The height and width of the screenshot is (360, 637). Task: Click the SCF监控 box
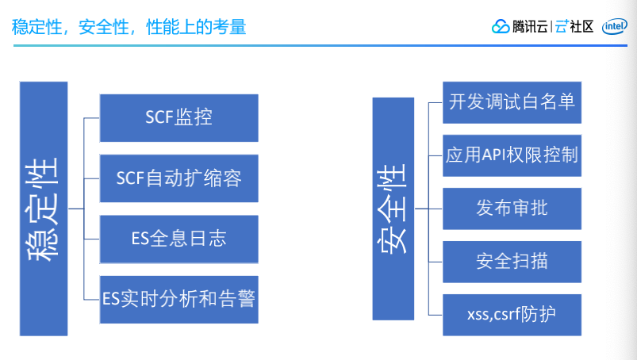(178, 117)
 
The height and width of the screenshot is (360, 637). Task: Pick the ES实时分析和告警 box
(178, 298)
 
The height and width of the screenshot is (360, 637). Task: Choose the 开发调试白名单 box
(512, 101)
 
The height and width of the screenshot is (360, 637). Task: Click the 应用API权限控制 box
(512, 155)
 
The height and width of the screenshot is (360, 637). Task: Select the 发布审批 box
(512, 209)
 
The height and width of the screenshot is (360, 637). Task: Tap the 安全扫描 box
(512, 261)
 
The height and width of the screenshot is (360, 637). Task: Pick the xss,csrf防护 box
(512, 314)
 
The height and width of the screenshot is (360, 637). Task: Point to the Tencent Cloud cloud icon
(501, 27)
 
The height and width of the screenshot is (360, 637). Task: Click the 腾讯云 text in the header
(528, 26)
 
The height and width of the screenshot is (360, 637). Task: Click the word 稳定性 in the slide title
(36, 27)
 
